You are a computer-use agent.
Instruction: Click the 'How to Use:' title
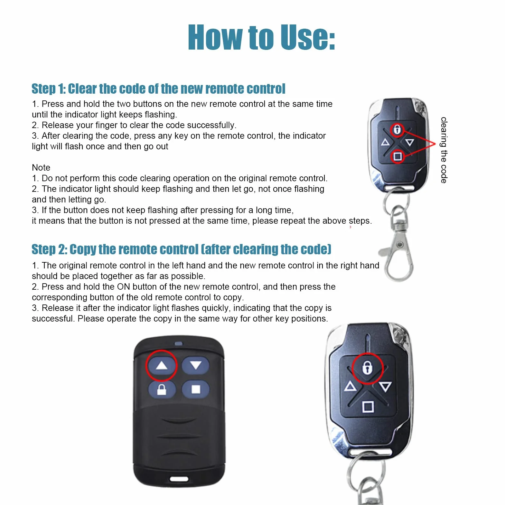click(261, 37)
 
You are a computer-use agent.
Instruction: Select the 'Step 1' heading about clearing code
click(158, 89)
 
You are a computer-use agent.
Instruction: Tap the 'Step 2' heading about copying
click(181, 249)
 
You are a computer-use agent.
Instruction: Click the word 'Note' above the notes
click(41, 167)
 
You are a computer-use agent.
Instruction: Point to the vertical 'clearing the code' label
click(444, 150)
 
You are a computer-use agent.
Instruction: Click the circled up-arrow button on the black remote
click(162, 365)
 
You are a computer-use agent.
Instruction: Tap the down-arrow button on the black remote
click(195, 365)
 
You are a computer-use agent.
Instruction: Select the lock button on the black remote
click(162, 389)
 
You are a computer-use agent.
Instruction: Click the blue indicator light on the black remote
click(178, 343)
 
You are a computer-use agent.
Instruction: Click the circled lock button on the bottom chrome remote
click(367, 368)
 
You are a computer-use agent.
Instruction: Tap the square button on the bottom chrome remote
click(368, 407)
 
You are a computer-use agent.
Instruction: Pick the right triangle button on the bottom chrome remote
click(385, 386)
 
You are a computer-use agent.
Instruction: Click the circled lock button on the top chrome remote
click(397, 130)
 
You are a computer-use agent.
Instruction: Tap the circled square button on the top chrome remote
click(397, 157)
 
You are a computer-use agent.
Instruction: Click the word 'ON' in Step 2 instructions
click(123, 286)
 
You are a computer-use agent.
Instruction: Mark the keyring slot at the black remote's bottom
click(179, 479)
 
